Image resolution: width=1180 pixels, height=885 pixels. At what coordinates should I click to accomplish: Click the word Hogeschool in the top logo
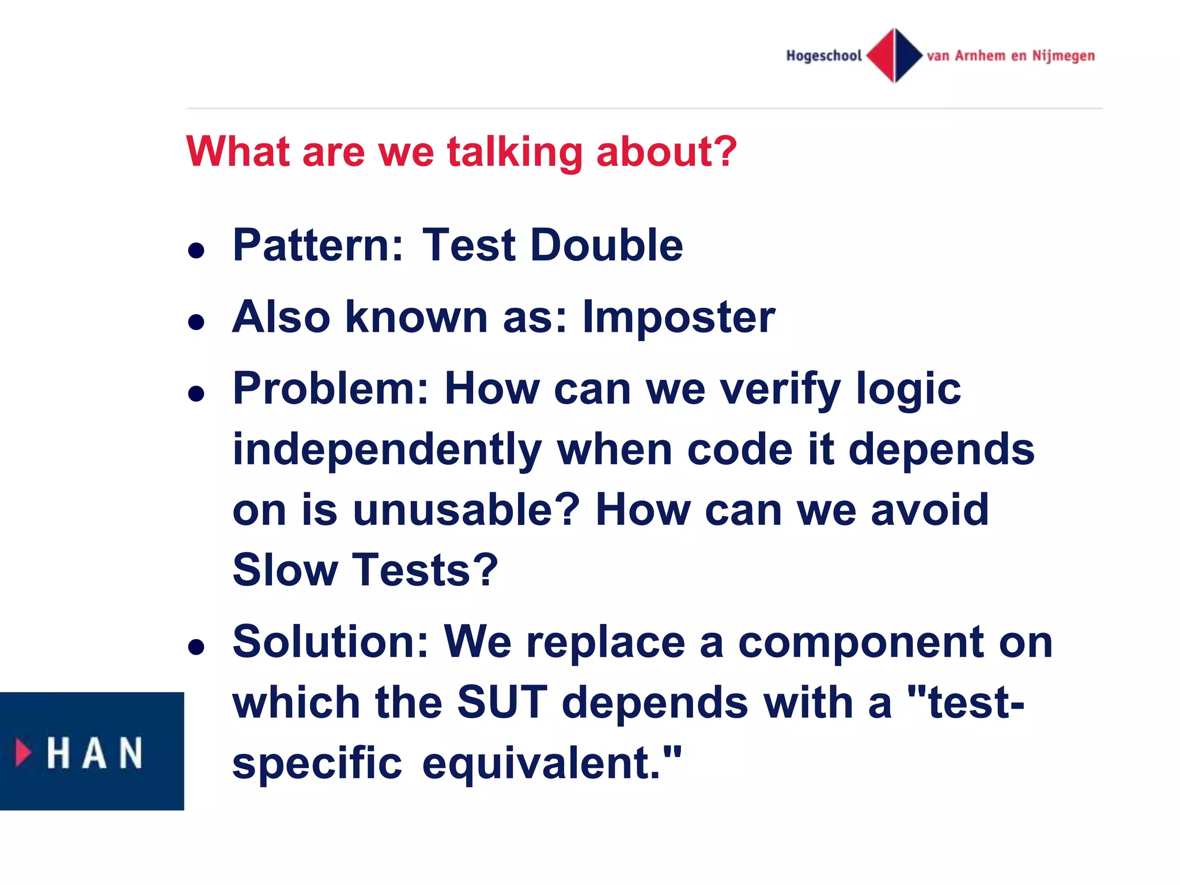[823, 56]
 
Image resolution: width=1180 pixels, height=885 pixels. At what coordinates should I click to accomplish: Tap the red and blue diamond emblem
[894, 55]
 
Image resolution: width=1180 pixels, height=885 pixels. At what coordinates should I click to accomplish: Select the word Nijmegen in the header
[1063, 56]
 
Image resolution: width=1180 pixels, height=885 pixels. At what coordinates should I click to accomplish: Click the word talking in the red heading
[515, 152]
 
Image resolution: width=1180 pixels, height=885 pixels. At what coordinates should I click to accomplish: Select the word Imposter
[678, 317]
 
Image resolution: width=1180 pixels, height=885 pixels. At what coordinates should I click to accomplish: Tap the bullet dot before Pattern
[196, 251]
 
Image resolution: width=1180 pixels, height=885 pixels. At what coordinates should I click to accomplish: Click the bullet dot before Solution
[196, 648]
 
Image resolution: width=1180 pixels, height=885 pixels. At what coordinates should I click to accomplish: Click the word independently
[387, 450]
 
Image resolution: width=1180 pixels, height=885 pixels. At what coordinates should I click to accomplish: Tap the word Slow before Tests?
[285, 570]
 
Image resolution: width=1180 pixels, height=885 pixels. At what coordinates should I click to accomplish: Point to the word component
[861, 642]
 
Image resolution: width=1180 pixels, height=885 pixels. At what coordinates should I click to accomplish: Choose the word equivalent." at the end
[551, 763]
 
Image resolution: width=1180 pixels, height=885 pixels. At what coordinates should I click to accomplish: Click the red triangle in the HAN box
[23, 752]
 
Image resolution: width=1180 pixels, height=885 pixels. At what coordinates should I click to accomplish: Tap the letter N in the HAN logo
[131, 752]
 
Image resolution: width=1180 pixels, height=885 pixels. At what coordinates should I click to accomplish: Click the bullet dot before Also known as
[196, 322]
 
